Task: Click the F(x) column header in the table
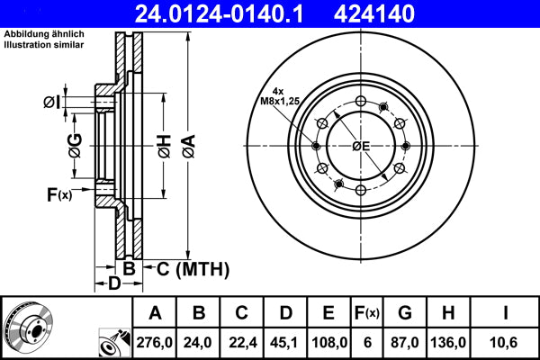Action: click(x=366, y=313)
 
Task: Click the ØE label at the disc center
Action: click(x=361, y=146)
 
